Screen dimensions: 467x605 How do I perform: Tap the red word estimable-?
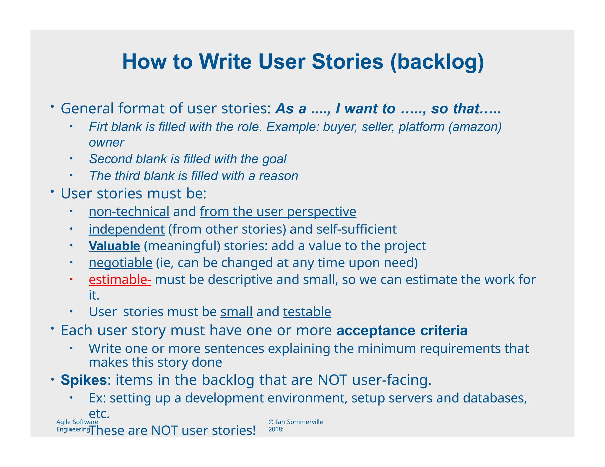pos(120,280)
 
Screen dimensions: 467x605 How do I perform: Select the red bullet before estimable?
pos(71,279)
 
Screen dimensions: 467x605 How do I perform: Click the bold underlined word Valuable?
pos(114,246)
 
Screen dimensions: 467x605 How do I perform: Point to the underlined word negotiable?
pos(120,263)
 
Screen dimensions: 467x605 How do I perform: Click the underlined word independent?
pos(126,229)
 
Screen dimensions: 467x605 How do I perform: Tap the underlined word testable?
pos(307,312)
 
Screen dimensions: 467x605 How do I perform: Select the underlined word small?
pos(236,312)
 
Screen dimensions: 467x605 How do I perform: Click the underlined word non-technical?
pos(129,212)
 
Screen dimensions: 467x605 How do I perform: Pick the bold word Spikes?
pos(84,380)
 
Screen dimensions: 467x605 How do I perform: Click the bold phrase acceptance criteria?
pos(402,330)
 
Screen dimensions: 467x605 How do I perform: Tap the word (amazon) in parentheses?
pos(475,127)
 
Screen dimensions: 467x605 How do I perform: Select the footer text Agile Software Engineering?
pos(77,425)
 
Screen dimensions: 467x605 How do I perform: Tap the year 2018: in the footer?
pos(276,430)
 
